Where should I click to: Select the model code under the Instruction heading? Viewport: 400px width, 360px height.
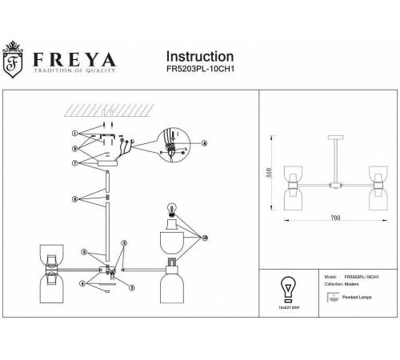pyautogui.click(x=199, y=70)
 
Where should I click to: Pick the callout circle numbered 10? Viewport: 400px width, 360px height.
pyautogui.click(x=205, y=238)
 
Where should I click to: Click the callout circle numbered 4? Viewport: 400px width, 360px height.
pyautogui.click(x=82, y=282)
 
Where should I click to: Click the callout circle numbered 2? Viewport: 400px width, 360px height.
pyautogui.click(x=124, y=242)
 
